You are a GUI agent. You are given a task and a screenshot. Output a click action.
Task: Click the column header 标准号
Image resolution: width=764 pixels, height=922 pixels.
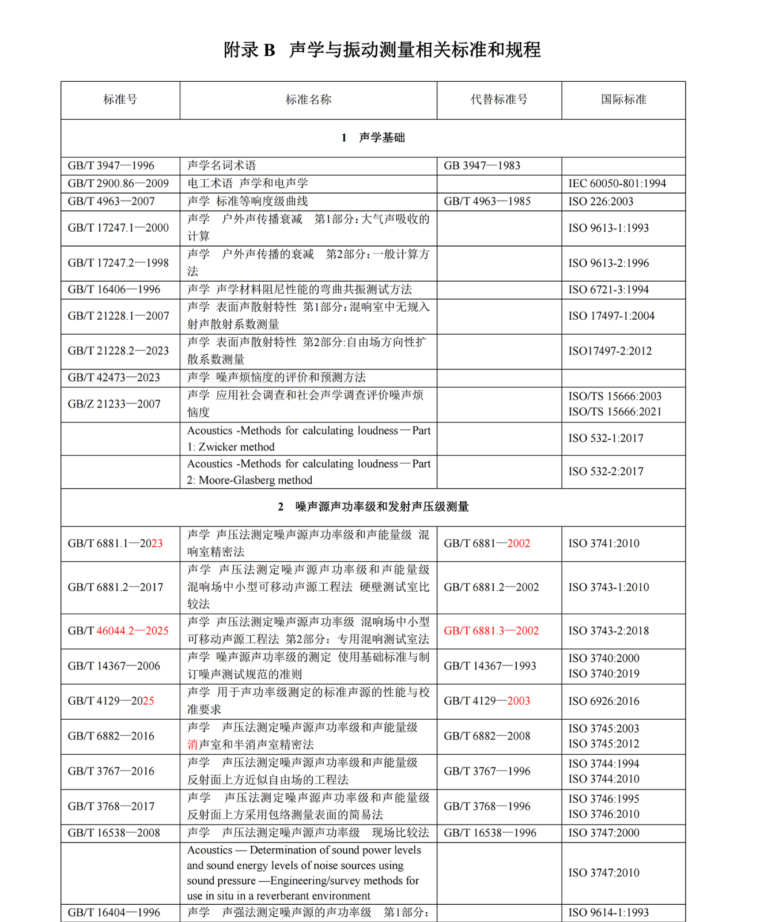click(x=120, y=100)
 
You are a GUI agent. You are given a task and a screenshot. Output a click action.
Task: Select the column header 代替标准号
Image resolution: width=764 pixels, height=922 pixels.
click(x=499, y=100)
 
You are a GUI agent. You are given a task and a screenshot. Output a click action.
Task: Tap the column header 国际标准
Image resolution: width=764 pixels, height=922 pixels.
click(x=623, y=100)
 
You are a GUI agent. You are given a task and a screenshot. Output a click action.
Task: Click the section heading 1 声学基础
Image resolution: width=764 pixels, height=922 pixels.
click(x=373, y=138)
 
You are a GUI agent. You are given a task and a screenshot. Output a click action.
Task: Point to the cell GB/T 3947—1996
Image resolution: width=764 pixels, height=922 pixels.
click(x=111, y=166)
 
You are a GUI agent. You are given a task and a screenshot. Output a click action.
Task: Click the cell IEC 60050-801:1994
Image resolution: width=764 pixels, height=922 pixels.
click(x=617, y=184)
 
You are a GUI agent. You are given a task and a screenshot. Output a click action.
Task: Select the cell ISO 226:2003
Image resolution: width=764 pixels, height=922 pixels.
click(x=601, y=202)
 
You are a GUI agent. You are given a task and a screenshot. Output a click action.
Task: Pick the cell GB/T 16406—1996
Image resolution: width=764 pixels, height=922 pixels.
click(x=114, y=290)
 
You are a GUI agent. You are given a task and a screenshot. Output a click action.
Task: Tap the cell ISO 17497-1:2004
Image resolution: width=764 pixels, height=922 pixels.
click(x=611, y=316)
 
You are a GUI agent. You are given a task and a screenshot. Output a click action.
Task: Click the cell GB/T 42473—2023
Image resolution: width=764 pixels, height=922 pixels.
click(x=114, y=378)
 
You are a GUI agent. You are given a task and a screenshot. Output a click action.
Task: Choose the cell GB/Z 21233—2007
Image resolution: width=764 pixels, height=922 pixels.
click(x=114, y=405)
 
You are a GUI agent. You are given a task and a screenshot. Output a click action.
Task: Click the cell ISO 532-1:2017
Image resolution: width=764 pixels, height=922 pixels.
click(x=606, y=439)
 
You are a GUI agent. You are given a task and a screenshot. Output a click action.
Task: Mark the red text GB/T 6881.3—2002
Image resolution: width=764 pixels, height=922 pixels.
click(x=491, y=631)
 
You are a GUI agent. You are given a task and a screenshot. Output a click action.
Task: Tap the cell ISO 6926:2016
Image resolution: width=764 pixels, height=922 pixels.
click(x=604, y=701)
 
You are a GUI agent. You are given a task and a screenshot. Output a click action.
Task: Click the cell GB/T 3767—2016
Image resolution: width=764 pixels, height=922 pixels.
click(x=111, y=772)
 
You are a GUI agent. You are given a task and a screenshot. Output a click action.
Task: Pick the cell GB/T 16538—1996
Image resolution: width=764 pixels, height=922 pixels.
click(x=490, y=833)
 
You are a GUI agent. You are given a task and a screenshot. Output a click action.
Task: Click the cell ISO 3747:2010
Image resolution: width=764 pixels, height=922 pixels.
click(x=604, y=873)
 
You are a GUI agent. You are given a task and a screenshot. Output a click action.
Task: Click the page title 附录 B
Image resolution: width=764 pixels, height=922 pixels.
click(x=249, y=50)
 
